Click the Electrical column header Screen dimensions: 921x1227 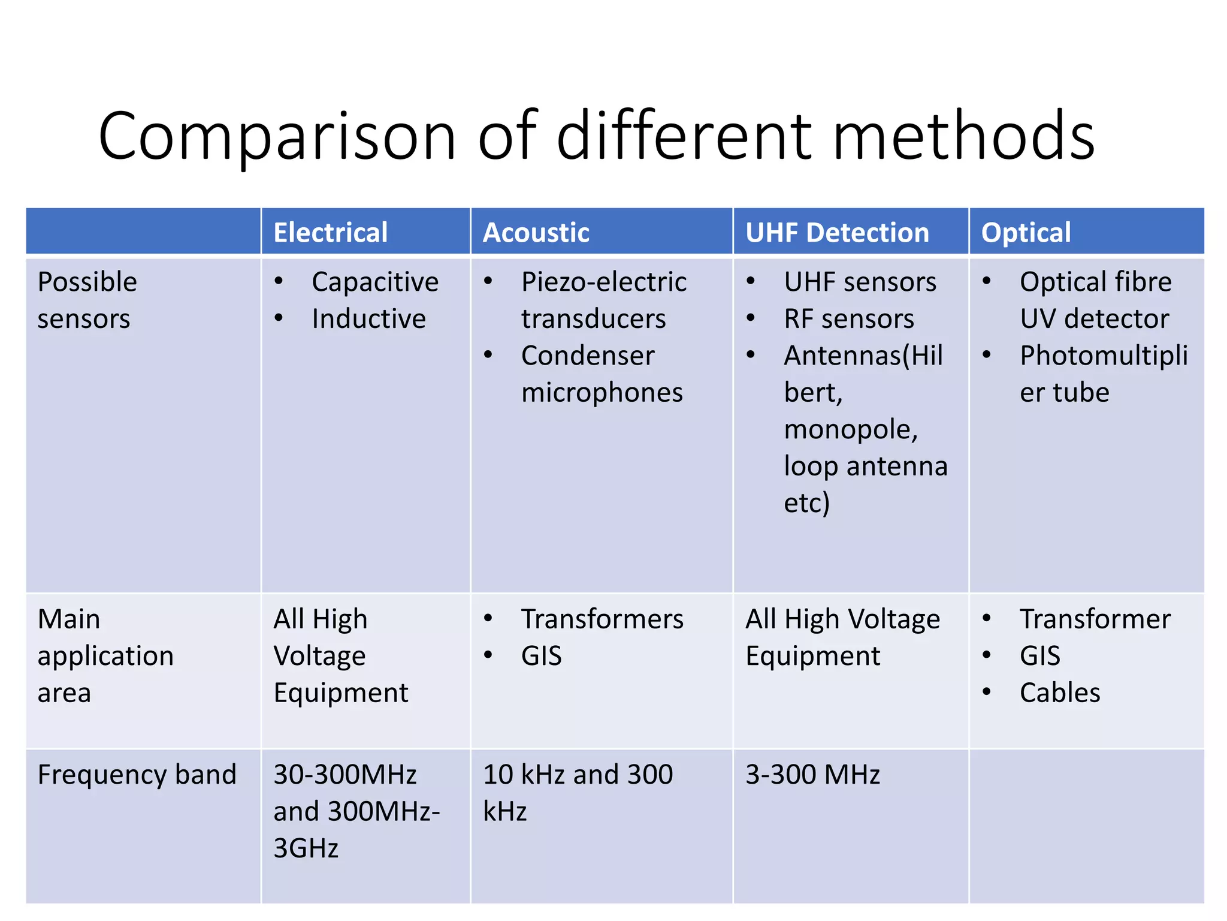(330, 233)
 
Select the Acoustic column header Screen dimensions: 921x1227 (536, 233)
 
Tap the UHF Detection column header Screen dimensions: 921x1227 (837, 233)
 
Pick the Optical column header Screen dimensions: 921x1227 (1026, 233)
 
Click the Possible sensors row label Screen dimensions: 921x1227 (87, 300)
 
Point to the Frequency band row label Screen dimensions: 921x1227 (137, 774)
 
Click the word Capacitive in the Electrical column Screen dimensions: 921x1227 (375, 282)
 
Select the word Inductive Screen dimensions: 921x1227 (368, 318)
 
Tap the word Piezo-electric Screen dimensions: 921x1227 (604, 282)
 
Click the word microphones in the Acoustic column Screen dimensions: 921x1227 (602, 393)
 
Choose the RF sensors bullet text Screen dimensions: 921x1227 (849, 318)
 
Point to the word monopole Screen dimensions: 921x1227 (851, 429)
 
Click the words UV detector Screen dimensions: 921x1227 (1094, 318)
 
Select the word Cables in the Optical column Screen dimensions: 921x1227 (1060, 693)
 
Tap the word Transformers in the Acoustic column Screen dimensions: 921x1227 (602, 619)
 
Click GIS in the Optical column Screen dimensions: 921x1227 (1040, 656)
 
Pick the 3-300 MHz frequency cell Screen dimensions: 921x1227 (812, 774)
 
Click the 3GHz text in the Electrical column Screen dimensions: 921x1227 (306, 848)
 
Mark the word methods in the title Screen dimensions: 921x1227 (963, 137)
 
